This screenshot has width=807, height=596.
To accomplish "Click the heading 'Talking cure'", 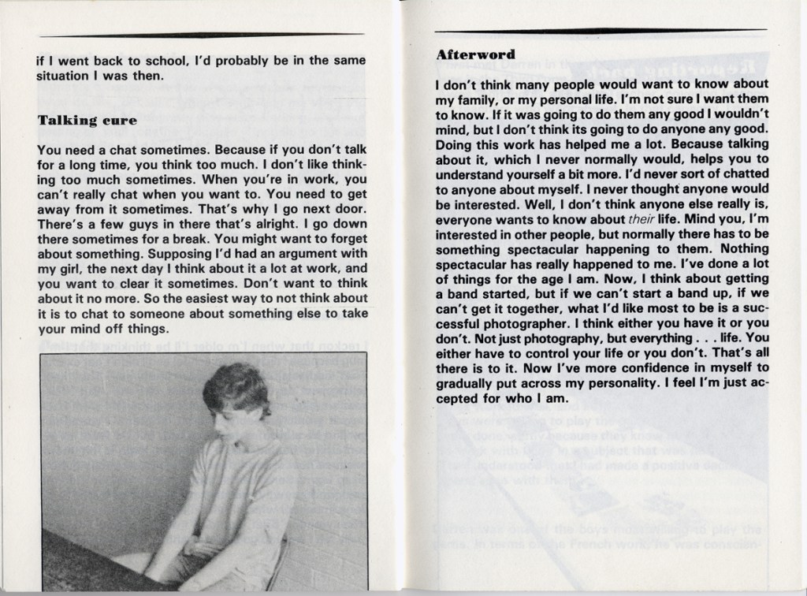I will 87,121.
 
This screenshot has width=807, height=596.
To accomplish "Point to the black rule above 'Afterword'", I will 600,32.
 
